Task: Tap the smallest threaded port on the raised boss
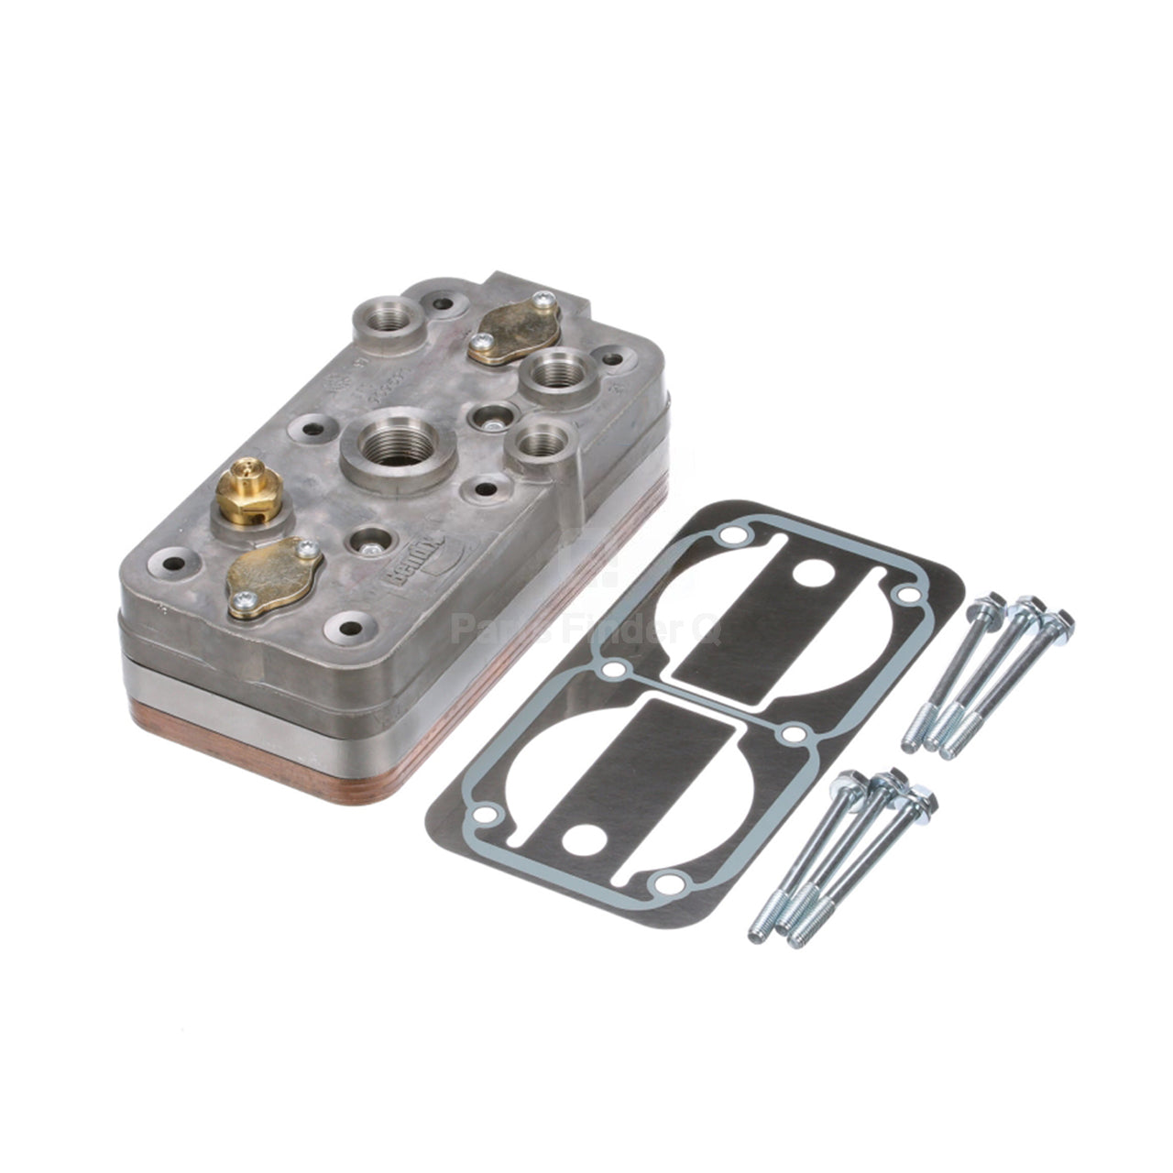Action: pos(540,443)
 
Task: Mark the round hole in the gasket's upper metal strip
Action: pos(814,576)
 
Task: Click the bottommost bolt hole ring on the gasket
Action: pos(668,883)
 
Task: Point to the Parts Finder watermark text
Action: pos(586,630)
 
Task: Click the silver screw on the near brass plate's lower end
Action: pos(243,602)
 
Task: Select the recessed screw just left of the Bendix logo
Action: pos(370,548)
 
